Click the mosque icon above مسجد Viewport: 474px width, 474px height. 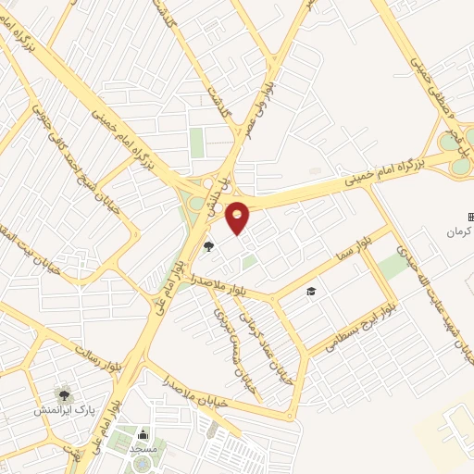[x=143, y=435]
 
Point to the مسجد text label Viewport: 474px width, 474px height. [x=143, y=449]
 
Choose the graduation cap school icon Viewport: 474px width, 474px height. [x=312, y=291]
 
